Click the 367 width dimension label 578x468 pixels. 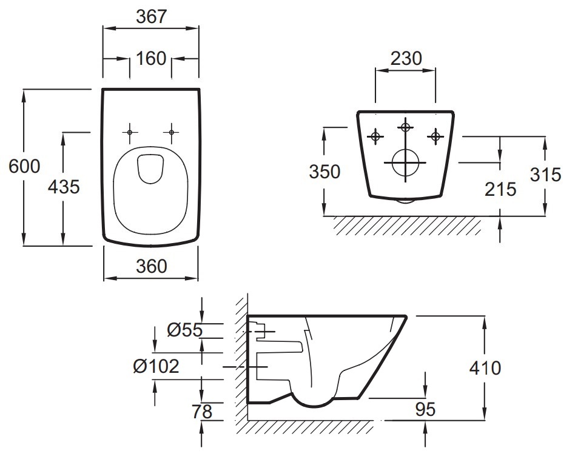coord(152,16)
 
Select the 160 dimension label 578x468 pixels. coord(151,59)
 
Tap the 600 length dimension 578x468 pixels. coord(24,166)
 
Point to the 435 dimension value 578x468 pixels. coord(64,187)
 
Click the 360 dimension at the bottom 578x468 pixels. coord(152,266)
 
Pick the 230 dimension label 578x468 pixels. coord(406,59)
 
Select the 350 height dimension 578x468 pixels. coord(324,172)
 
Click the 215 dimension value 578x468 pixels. coord(500,189)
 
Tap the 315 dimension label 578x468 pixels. coord(546,175)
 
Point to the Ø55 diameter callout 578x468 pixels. coord(184,330)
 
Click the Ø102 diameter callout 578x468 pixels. coord(156,366)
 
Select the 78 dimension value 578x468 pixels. coord(202,412)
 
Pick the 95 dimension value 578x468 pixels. coord(425,409)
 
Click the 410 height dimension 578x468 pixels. coord(485,368)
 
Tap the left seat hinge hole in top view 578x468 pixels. coord(129,132)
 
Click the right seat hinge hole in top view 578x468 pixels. coord(171,132)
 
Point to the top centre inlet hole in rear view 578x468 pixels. coord(405,127)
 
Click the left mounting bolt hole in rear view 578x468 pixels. coord(375,137)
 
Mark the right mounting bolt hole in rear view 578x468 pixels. coord(435,137)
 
